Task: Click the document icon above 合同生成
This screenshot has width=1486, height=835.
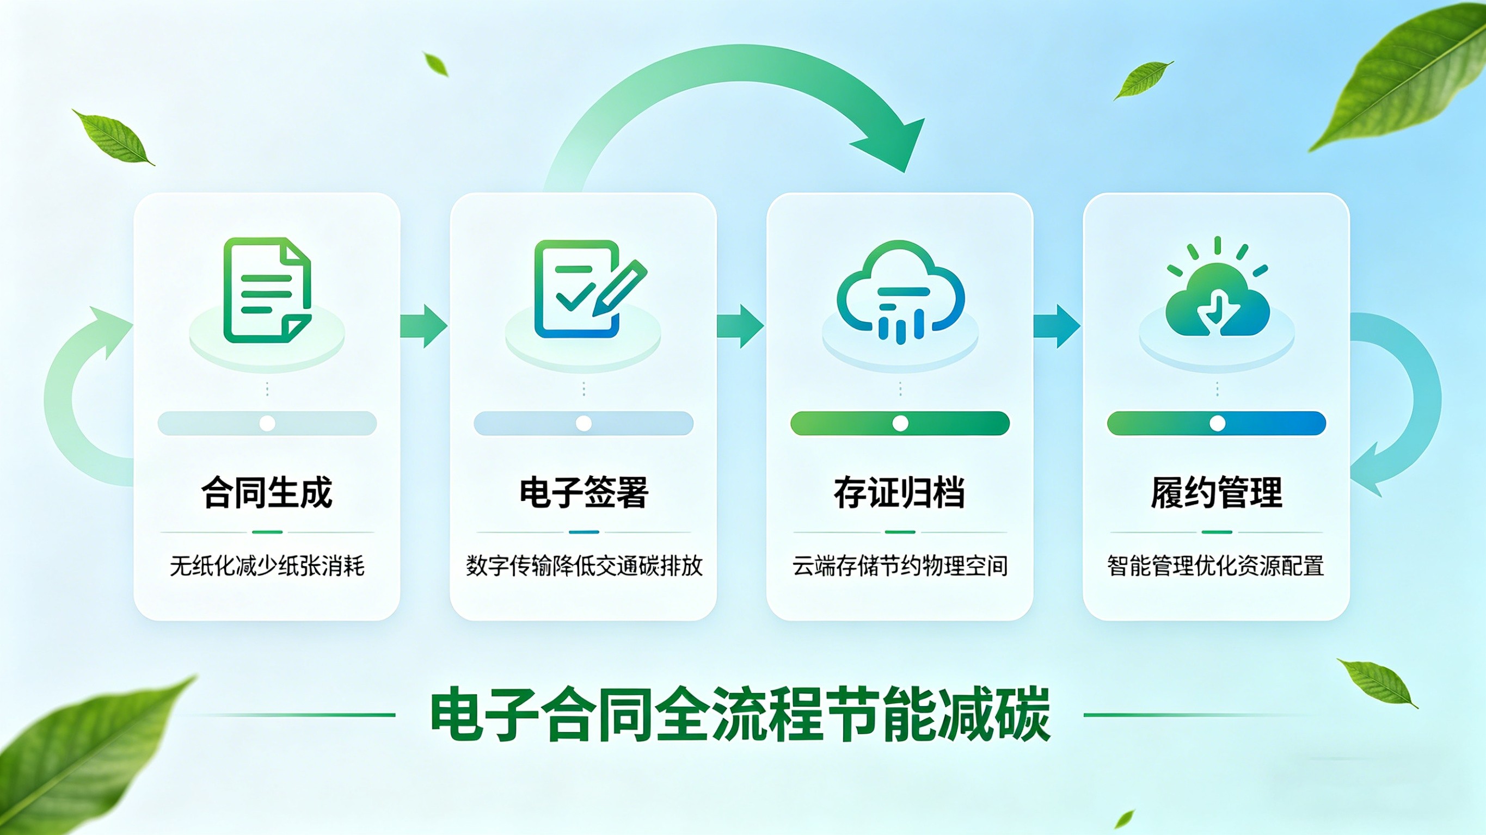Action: pos(267,290)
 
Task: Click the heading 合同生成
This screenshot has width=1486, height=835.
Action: pos(267,492)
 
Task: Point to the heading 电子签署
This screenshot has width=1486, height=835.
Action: pos(584,492)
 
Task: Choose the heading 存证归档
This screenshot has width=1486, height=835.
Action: pos(900,492)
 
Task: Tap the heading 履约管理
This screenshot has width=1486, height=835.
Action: pos(1217,492)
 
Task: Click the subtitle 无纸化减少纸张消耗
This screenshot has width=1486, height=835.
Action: pos(267,566)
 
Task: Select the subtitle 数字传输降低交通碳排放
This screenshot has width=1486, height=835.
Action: pos(584,566)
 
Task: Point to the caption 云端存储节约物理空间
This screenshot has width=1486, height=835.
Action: pos(900,566)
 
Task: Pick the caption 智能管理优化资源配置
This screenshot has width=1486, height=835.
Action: pos(1216,566)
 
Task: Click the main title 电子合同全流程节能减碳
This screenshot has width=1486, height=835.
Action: pos(741,714)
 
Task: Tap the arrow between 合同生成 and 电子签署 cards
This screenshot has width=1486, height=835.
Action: pos(424,326)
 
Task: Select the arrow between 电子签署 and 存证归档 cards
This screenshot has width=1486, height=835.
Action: pos(741,326)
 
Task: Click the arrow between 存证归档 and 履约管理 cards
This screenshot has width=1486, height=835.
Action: pos(1057,326)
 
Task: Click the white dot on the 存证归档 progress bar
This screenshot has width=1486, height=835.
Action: pos(900,423)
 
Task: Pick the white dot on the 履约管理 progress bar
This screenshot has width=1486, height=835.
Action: pos(1217,423)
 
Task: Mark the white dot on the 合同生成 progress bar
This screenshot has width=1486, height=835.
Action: pos(267,423)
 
